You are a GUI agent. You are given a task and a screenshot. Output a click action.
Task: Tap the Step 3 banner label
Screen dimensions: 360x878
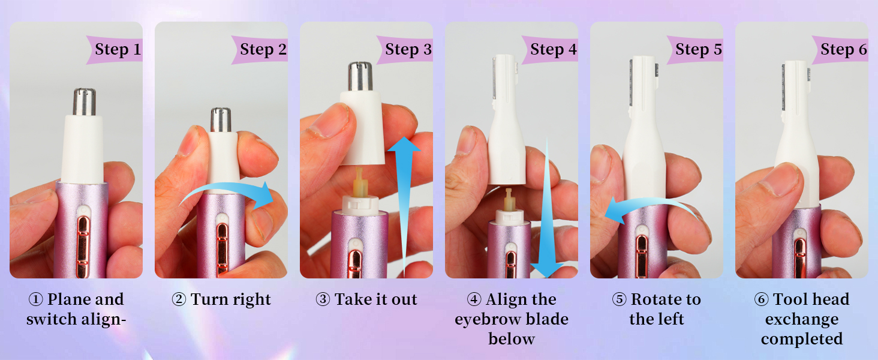point(408,49)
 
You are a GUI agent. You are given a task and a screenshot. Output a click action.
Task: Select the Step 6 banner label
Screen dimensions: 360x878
point(843,49)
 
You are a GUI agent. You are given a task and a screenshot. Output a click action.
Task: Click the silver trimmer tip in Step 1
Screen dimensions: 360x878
point(85,102)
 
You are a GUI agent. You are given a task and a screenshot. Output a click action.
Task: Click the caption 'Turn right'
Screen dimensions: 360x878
point(221,299)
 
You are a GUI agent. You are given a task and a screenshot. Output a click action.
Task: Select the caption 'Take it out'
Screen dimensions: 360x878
point(366,299)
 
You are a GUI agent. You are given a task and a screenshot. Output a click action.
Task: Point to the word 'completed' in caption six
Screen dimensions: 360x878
point(802,339)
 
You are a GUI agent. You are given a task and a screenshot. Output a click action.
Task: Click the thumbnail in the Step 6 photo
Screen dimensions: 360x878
point(774,180)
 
